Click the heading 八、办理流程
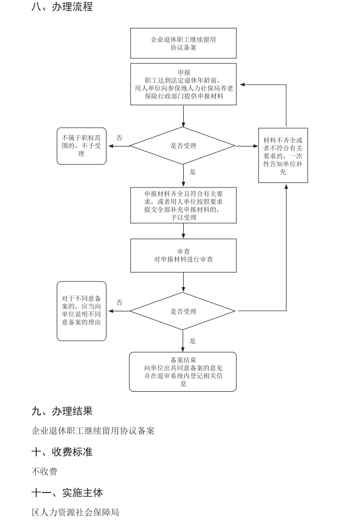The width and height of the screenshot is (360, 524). click(62, 7)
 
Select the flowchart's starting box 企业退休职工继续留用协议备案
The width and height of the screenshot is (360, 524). click(183, 43)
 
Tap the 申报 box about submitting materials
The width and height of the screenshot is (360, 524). click(183, 84)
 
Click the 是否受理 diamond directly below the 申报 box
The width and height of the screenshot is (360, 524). click(183, 146)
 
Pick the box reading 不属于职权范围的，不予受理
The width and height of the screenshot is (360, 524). click(81, 146)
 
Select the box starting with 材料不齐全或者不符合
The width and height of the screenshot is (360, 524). click(283, 155)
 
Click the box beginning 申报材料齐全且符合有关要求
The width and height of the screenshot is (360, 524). click(183, 205)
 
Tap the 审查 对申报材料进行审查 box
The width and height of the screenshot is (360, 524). click(183, 256)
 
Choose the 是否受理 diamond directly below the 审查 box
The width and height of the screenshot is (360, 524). click(183, 311)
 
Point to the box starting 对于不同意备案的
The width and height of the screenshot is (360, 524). click(81, 311)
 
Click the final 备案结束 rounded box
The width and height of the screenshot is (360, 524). click(183, 371)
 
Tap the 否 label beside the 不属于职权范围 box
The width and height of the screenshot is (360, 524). click(120, 138)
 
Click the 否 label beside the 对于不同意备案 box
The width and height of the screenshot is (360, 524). click(120, 303)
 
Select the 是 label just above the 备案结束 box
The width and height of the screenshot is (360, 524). click(193, 341)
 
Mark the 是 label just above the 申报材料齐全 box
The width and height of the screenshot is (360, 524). click(193, 172)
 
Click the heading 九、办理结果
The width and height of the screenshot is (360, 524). click(62, 411)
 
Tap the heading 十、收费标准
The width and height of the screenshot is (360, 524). click(62, 452)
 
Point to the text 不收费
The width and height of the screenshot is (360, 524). click(45, 471)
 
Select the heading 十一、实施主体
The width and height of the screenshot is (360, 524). click(67, 492)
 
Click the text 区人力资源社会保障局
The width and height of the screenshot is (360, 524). click(76, 512)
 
